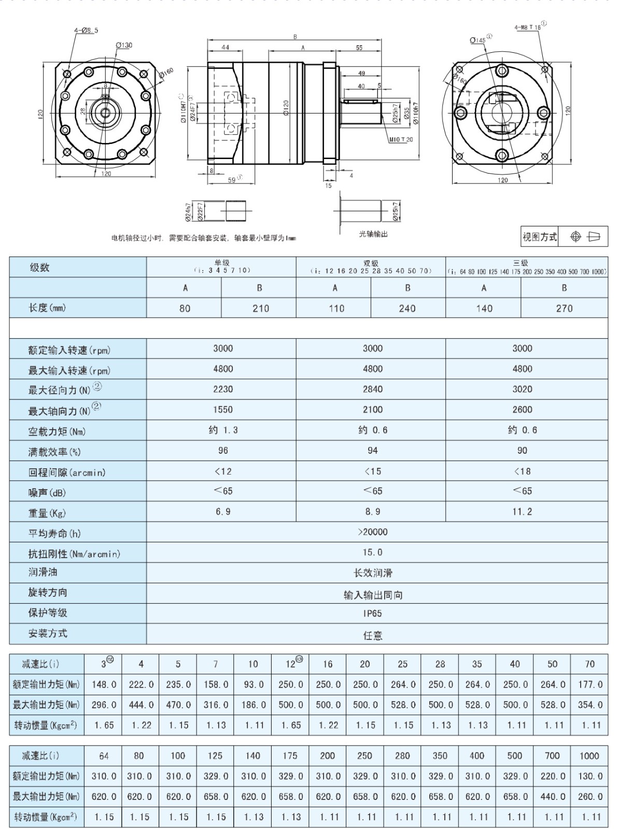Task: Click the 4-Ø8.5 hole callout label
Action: click(x=86, y=30)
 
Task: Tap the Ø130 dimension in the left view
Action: click(x=124, y=45)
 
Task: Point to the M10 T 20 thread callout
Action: click(x=400, y=139)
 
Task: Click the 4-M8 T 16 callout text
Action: click(x=527, y=27)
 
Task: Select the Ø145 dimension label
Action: click(x=477, y=40)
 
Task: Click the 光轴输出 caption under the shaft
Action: click(x=373, y=234)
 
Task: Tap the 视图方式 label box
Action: click(x=540, y=237)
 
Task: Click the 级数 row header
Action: click(x=39, y=267)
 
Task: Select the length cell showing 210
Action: click(x=260, y=308)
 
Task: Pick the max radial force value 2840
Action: click(x=372, y=389)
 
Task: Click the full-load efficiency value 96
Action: click(x=223, y=450)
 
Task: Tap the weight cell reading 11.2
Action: click(x=522, y=511)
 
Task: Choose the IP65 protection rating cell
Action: click(x=372, y=613)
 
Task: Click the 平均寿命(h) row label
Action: click(x=54, y=533)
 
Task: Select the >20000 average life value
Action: click(x=372, y=532)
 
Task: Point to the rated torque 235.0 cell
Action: click(x=178, y=684)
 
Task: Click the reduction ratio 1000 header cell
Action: click(x=589, y=756)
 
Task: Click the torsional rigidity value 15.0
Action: click(x=372, y=552)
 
